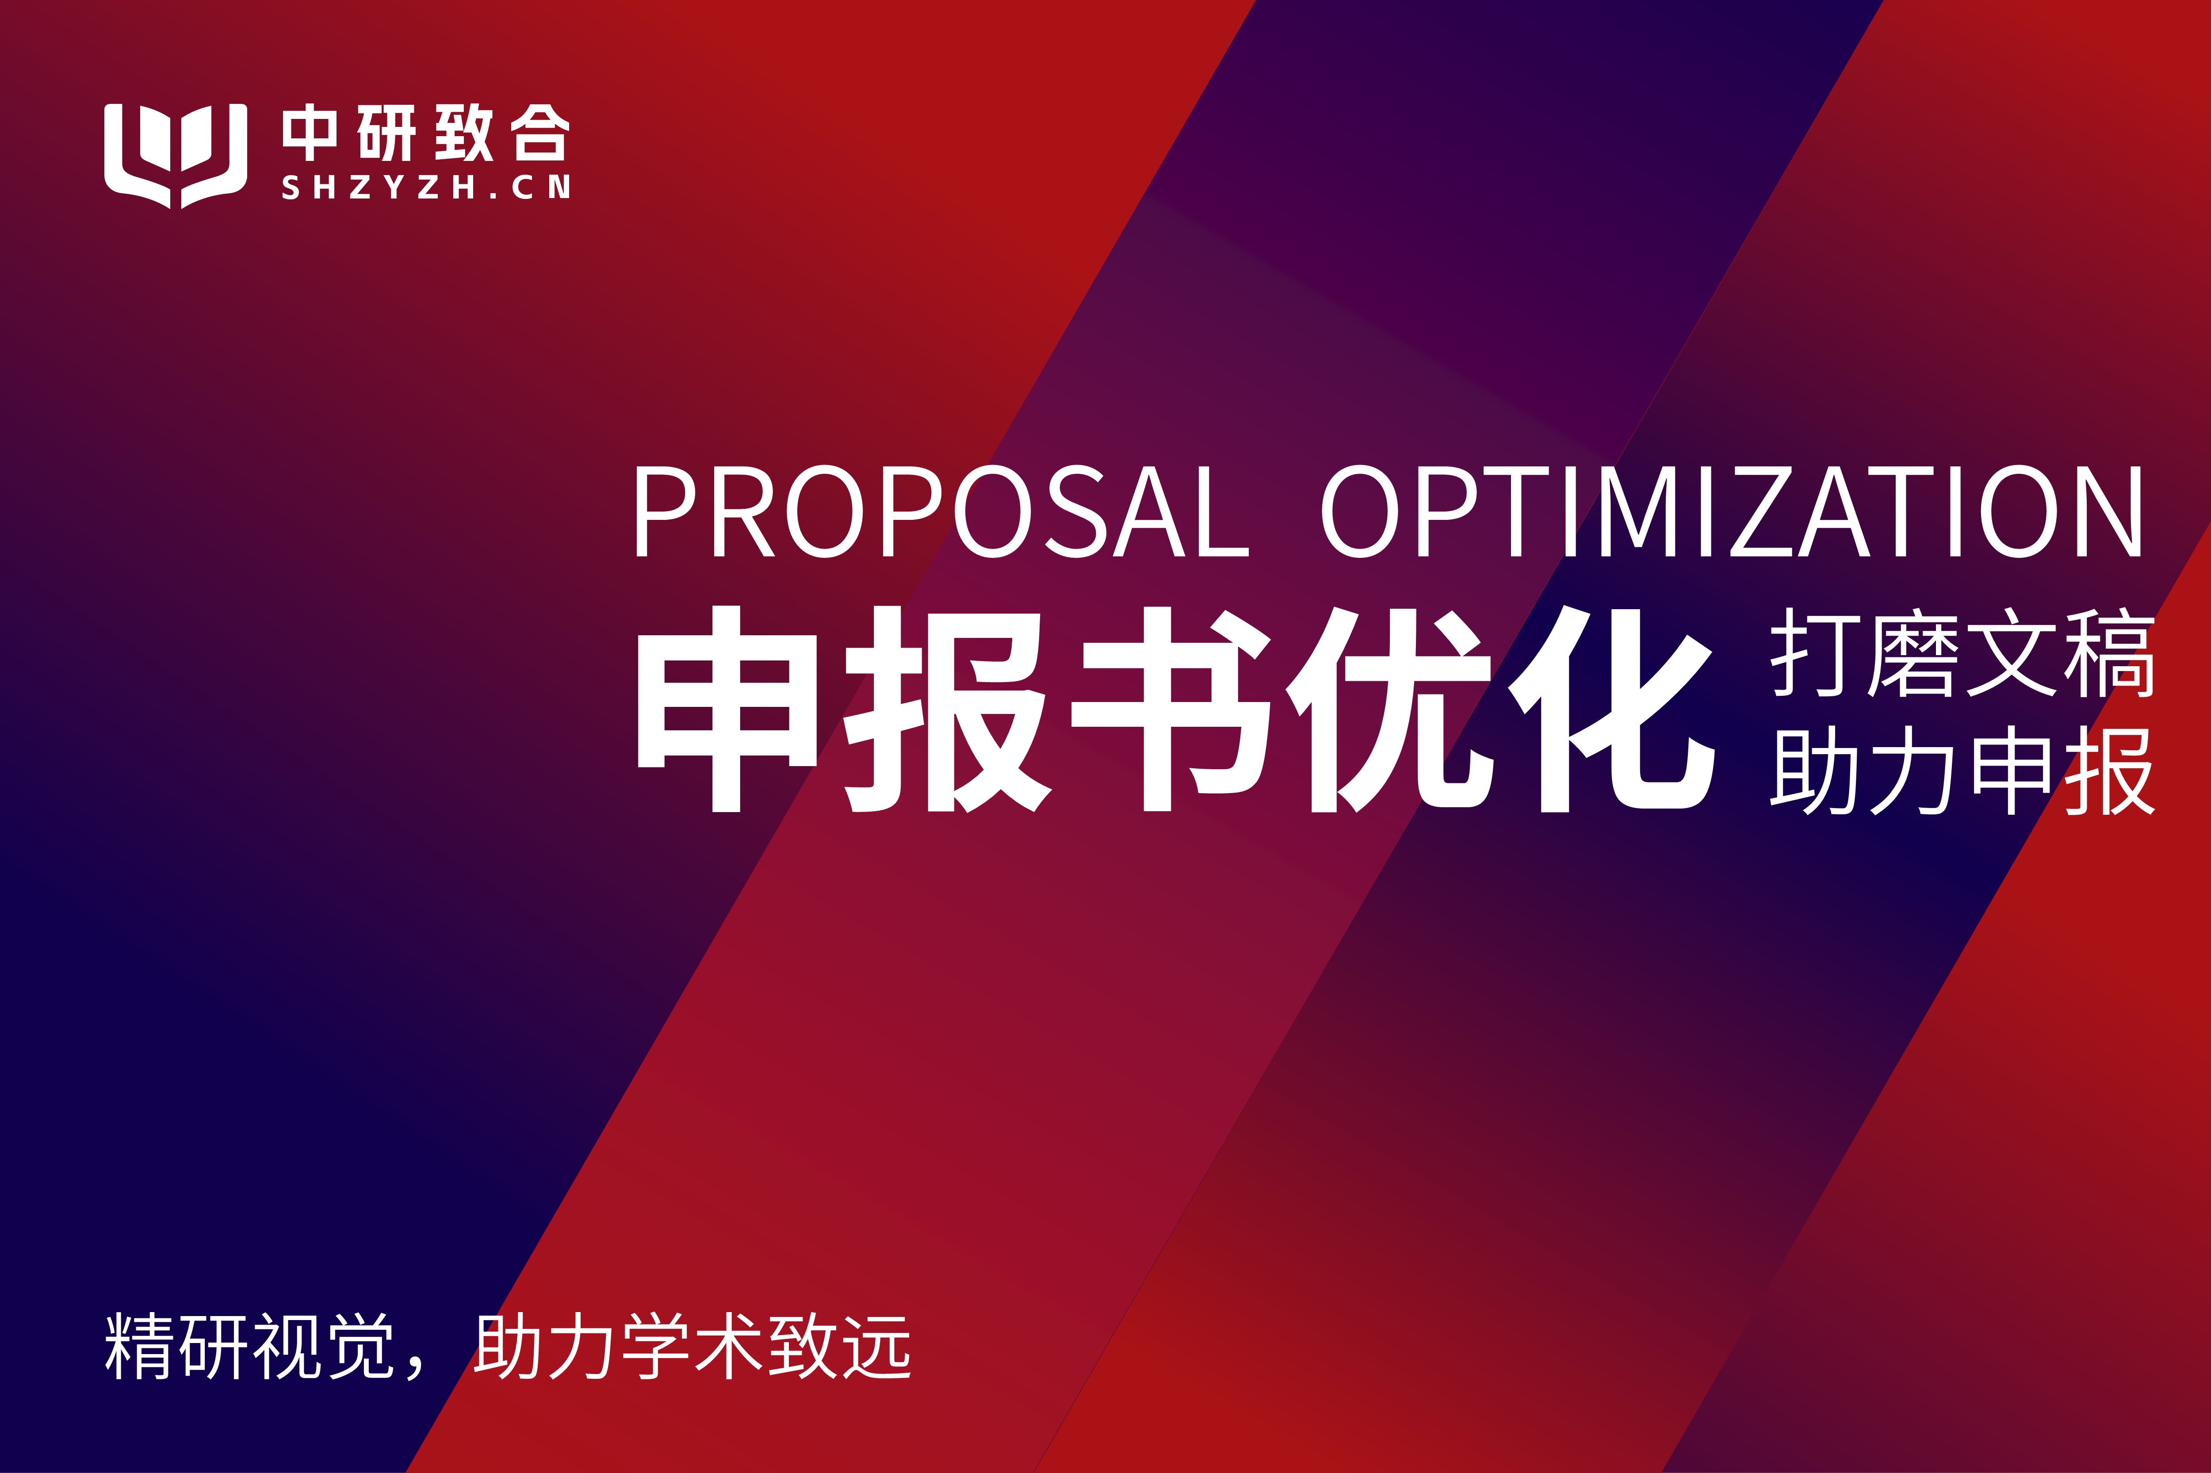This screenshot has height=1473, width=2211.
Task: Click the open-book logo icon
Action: tap(176, 155)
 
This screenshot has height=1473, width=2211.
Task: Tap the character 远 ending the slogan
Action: tap(877, 1347)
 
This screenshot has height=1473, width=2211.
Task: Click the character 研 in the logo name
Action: tap(386, 133)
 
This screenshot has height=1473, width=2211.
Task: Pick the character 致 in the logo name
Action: tap(463, 133)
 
